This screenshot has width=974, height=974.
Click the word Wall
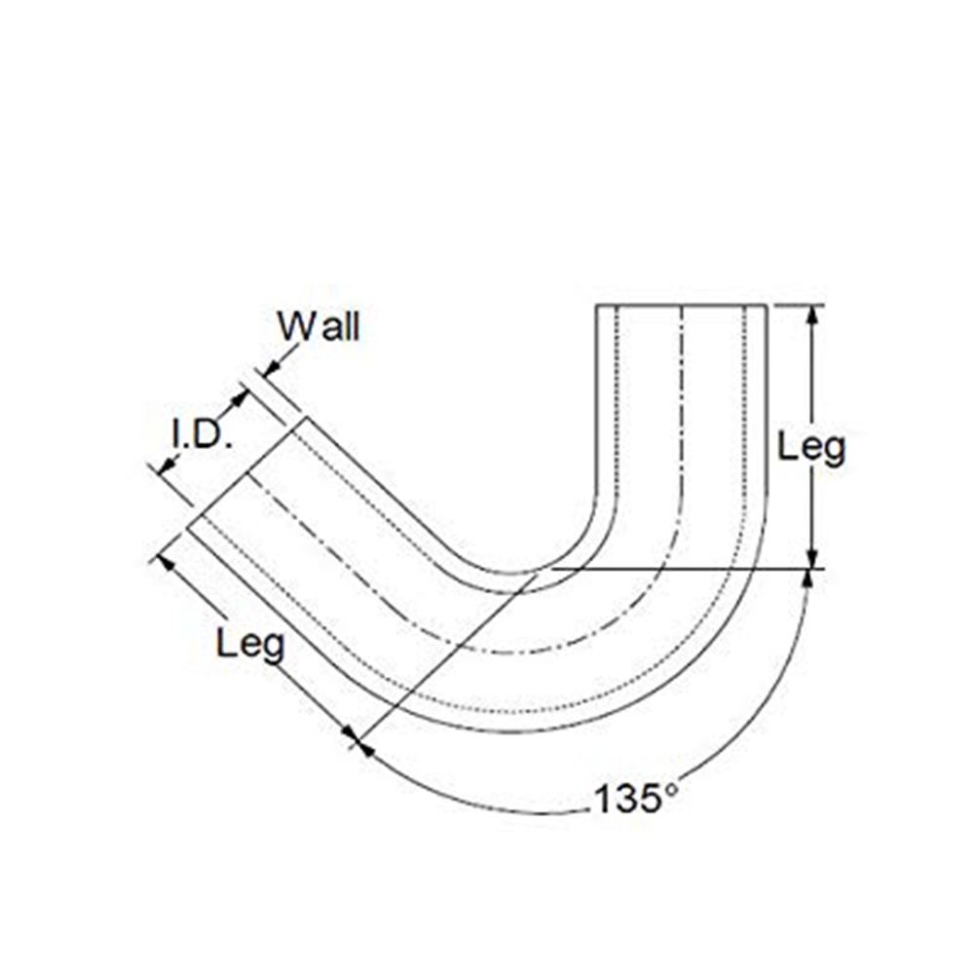click(x=318, y=327)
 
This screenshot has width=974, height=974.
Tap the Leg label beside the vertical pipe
click(x=811, y=447)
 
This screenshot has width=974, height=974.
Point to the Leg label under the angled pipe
click(x=250, y=644)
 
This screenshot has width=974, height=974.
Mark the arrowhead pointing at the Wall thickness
click(x=269, y=366)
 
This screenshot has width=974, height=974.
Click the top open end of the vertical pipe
click(x=681, y=306)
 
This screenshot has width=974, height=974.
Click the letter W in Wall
click(x=293, y=327)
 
